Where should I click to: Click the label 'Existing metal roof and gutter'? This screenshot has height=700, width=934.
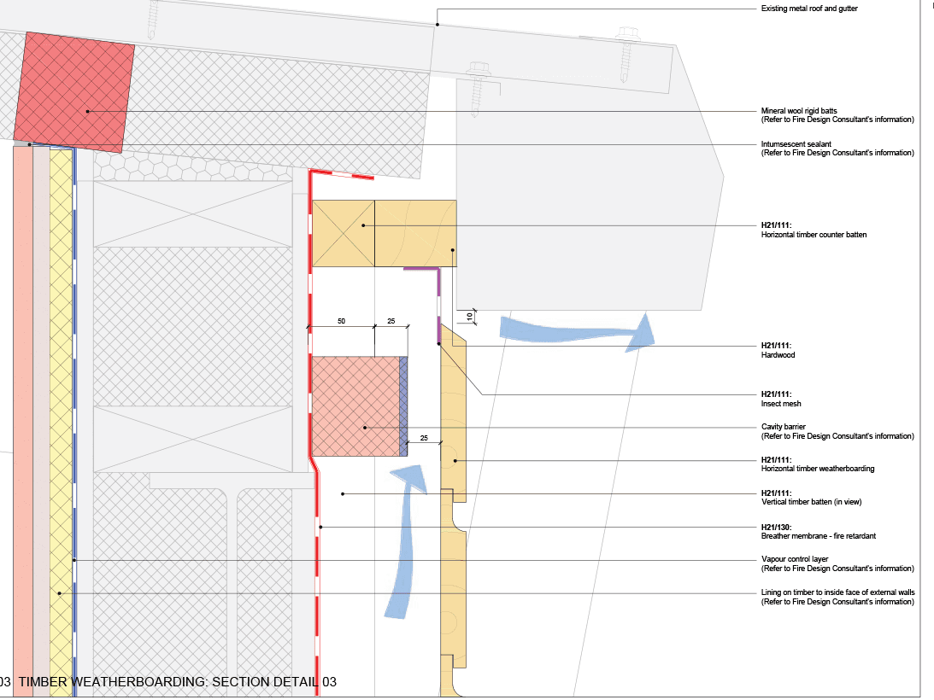808,9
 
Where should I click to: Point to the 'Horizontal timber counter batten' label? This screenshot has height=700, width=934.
814,235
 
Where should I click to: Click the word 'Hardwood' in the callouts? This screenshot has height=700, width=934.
778,354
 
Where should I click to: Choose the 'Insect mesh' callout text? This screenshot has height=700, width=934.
781,403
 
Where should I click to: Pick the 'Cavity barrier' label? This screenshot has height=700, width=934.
783,427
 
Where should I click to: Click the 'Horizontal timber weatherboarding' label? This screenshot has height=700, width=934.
817,469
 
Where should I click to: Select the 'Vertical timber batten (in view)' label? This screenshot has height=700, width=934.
815,502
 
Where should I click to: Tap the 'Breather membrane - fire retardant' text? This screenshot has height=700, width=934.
818,536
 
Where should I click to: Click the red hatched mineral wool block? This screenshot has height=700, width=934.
74,92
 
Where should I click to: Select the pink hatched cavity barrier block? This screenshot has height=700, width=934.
355,405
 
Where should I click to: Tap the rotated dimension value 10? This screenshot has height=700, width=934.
469,317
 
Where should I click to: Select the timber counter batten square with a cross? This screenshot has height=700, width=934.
344,234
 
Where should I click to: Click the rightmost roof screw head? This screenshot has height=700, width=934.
629,35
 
